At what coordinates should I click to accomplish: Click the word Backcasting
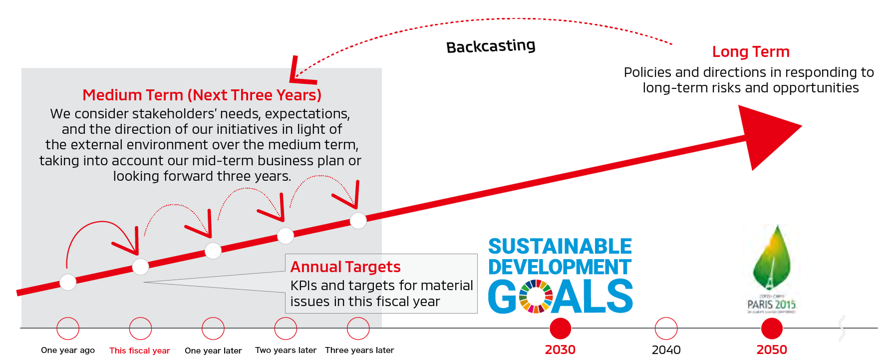(x=490, y=46)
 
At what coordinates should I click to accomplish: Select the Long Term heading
(x=750, y=51)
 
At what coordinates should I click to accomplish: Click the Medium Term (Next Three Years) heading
(x=202, y=95)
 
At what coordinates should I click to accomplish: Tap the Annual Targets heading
(x=345, y=267)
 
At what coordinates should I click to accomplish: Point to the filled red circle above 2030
(x=560, y=329)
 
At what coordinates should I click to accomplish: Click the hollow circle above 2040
(x=666, y=329)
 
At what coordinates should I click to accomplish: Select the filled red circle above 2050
(x=772, y=329)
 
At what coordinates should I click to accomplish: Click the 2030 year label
(x=560, y=350)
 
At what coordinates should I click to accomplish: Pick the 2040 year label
(x=666, y=350)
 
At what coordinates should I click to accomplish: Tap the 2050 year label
(x=772, y=350)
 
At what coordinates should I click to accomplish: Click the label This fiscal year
(x=140, y=351)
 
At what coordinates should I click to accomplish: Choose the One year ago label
(x=68, y=350)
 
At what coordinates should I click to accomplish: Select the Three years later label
(x=359, y=350)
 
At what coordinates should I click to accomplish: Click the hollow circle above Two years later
(x=286, y=329)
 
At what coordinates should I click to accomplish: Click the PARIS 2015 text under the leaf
(x=771, y=304)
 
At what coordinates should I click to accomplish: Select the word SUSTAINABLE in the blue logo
(x=560, y=246)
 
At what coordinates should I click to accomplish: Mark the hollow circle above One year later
(x=213, y=329)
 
